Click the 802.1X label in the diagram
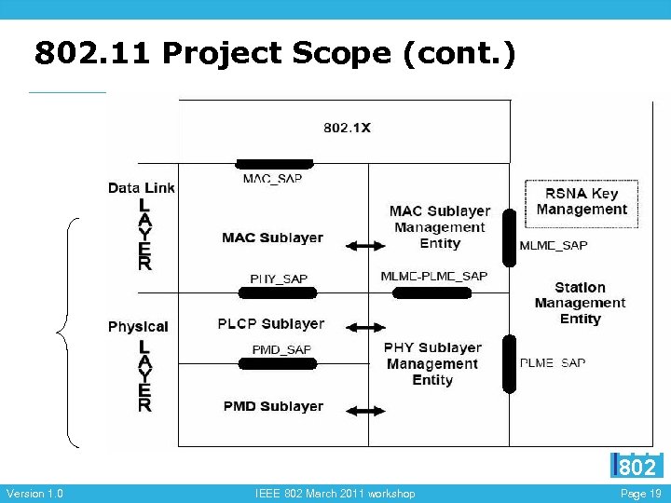(347, 128)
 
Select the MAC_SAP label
(272, 178)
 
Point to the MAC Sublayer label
(272, 238)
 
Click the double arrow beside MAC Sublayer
(364, 246)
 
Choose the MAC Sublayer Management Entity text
(439, 227)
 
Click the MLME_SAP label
(554, 246)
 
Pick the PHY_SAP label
(278, 279)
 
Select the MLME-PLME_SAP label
(433, 277)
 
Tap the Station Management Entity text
(580, 303)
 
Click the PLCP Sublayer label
(270, 324)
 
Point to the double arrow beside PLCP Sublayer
(364, 328)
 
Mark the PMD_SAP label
(281, 349)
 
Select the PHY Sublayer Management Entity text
(432, 363)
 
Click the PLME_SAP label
(553, 362)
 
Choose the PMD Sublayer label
(273, 406)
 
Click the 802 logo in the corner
(637, 465)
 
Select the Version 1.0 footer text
(34, 494)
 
